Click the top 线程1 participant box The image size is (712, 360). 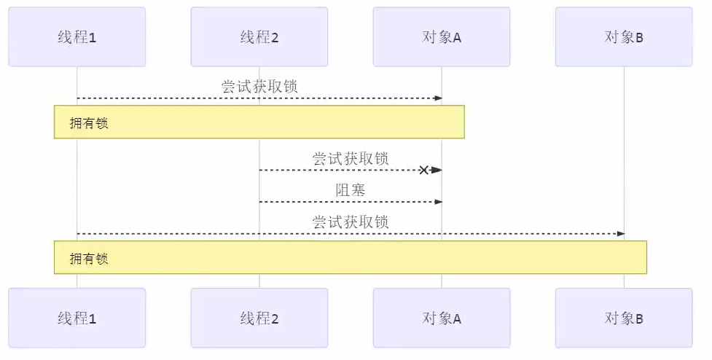(x=77, y=37)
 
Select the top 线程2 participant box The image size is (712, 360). (x=259, y=37)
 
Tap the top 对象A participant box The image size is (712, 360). (x=442, y=37)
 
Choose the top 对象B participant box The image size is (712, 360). (x=624, y=37)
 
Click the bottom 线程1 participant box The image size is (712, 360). (x=77, y=318)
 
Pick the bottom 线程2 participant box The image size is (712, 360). (x=259, y=318)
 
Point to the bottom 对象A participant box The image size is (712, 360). (x=442, y=318)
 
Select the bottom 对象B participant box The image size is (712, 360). (x=624, y=318)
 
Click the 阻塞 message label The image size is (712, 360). (x=351, y=190)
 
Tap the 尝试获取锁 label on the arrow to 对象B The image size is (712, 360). (x=351, y=222)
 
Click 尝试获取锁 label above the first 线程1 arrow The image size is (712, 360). (x=259, y=86)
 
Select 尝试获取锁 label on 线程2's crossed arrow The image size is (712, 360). (x=351, y=158)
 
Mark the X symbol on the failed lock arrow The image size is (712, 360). (x=423, y=170)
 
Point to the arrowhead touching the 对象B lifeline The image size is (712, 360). (x=620, y=233)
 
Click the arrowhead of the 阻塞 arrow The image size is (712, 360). (x=438, y=201)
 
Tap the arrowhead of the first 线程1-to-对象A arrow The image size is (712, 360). (x=438, y=98)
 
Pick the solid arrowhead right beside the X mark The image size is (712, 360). (x=436, y=170)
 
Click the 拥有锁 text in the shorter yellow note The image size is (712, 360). (x=89, y=122)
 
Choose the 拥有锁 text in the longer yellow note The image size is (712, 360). (x=89, y=258)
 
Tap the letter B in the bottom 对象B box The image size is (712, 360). (x=639, y=318)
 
